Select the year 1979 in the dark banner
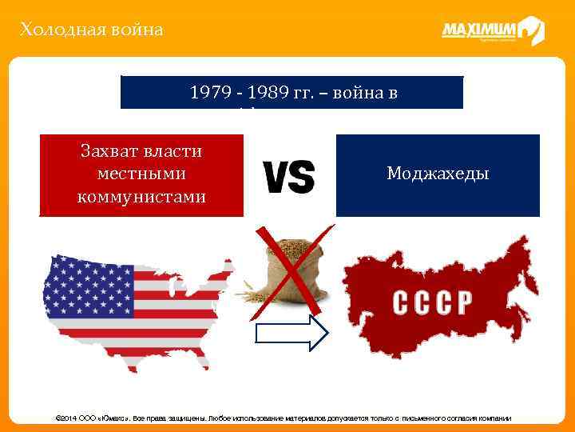208,92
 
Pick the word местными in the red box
141,174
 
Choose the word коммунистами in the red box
141,195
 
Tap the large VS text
288,176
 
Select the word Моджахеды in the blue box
437,174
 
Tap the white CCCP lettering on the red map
432,302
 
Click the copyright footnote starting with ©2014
287,418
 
